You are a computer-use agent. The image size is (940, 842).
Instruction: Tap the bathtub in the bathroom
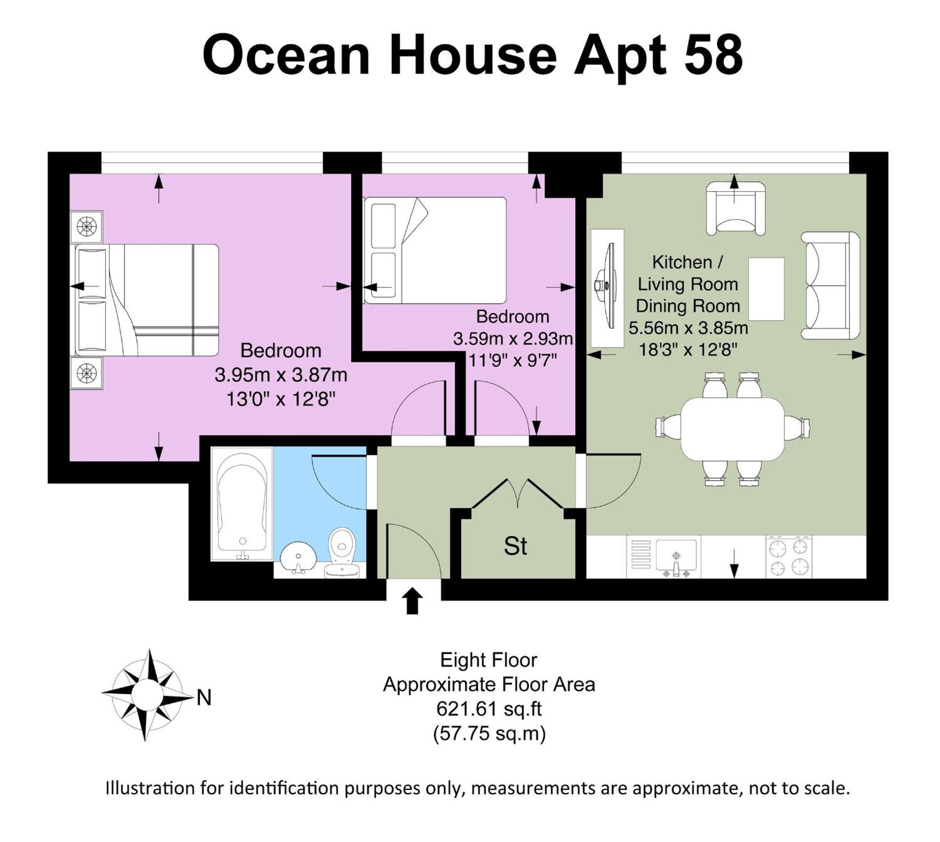click(x=242, y=504)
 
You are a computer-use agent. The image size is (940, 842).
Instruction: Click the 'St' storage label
click(x=515, y=546)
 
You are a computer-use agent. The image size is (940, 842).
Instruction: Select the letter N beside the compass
click(x=204, y=698)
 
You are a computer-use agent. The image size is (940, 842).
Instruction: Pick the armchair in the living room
click(x=735, y=208)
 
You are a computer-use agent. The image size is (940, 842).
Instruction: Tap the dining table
click(x=733, y=429)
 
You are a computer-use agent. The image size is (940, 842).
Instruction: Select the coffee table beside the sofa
click(x=766, y=289)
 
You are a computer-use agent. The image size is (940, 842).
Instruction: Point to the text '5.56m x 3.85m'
click(x=688, y=328)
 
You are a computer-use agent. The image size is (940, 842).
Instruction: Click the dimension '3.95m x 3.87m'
click(x=281, y=375)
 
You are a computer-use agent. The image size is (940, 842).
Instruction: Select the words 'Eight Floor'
click(x=489, y=660)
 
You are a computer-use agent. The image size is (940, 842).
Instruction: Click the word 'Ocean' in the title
click(x=287, y=56)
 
